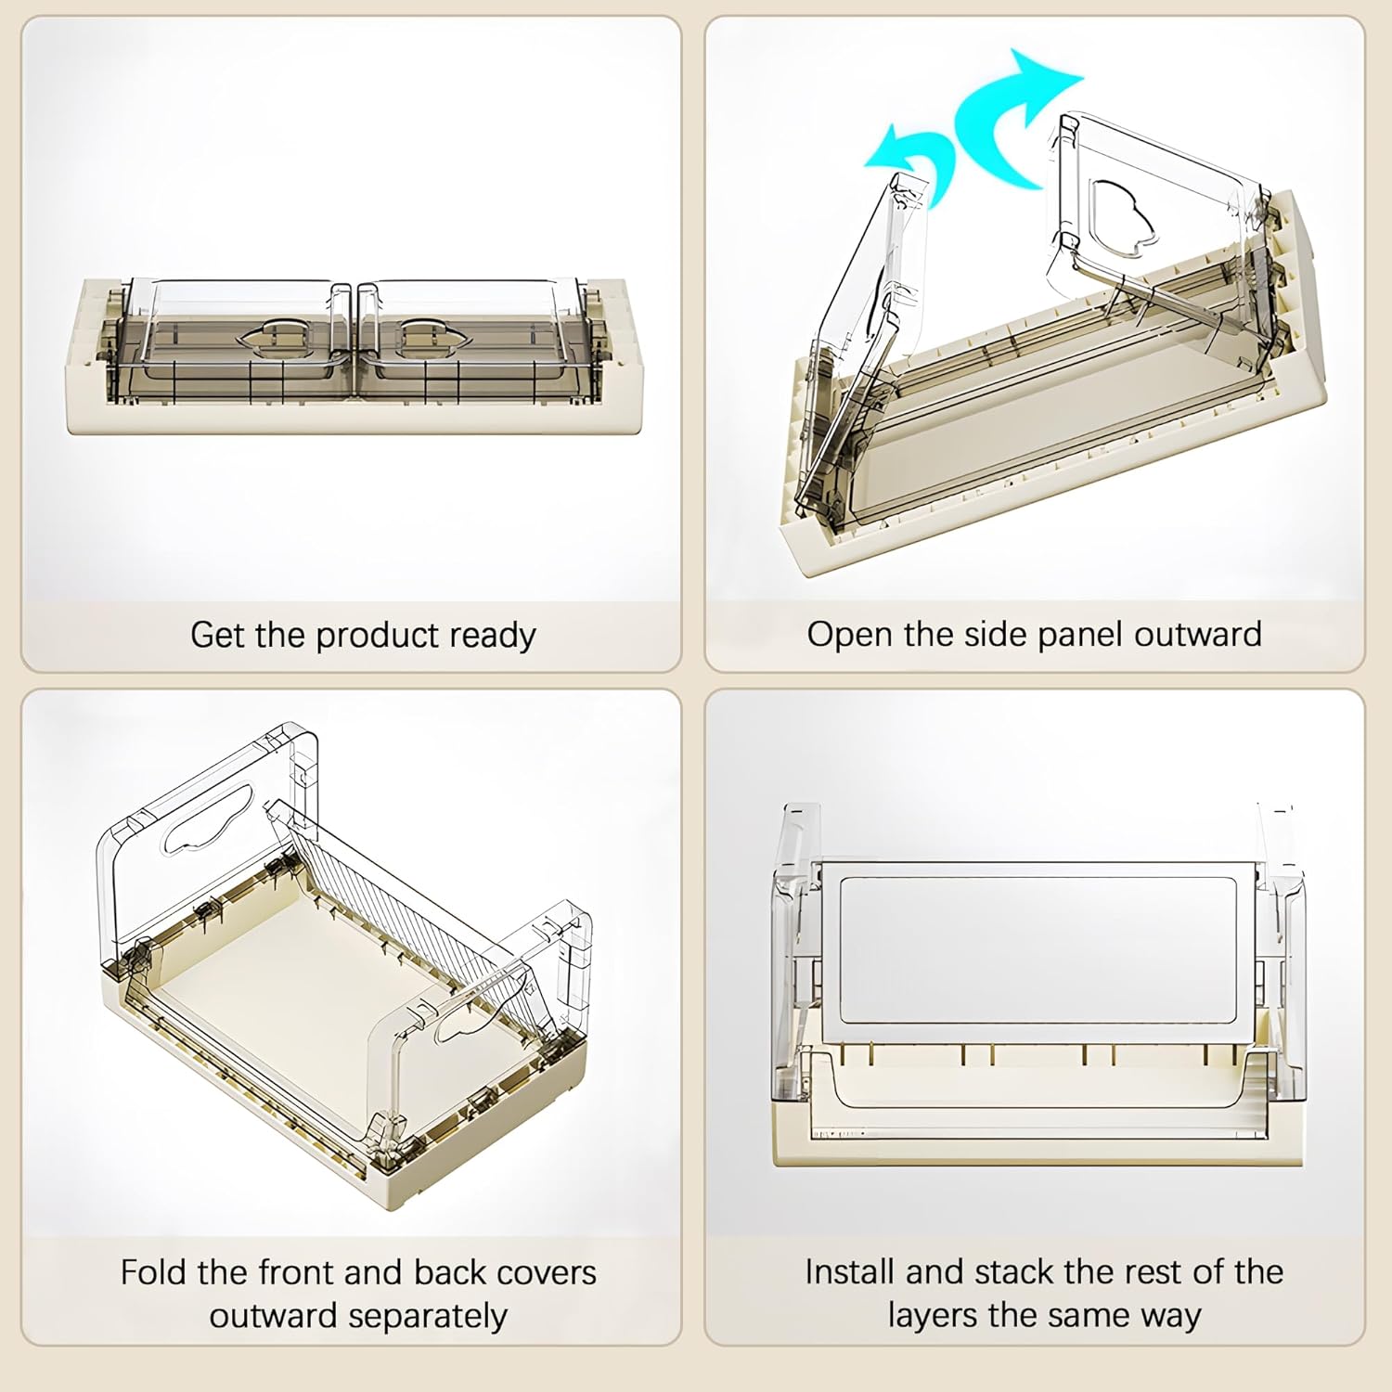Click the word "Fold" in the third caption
(x=153, y=1272)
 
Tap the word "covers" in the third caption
(x=548, y=1272)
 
